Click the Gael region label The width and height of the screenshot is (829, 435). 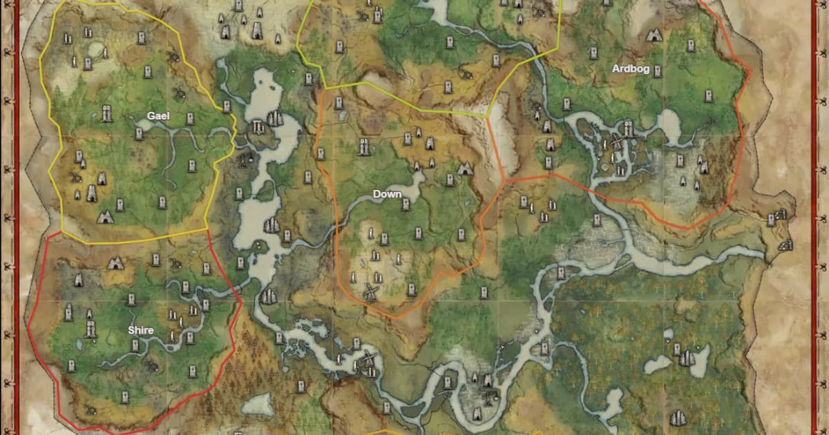click(158, 116)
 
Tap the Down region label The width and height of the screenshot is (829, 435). click(387, 194)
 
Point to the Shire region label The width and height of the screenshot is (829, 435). click(140, 330)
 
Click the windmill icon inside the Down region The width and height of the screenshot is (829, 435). click(370, 291)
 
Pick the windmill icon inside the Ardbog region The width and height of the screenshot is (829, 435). click(617, 144)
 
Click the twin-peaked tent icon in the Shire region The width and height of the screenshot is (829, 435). click(115, 263)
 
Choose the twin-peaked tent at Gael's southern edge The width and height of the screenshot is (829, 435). click(105, 217)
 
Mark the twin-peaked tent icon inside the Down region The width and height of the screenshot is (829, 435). click(465, 168)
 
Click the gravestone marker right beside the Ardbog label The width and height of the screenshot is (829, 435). click(658, 70)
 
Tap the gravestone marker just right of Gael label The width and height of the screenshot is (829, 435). click(188, 117)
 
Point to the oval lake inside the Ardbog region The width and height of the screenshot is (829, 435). click(669, 124)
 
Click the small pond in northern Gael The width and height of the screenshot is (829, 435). click(97, 50)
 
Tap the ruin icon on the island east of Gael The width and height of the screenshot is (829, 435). click(258, 126)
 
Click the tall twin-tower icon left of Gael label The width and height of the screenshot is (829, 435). click(106, 113)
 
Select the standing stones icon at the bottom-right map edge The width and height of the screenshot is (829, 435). click(680, 418)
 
